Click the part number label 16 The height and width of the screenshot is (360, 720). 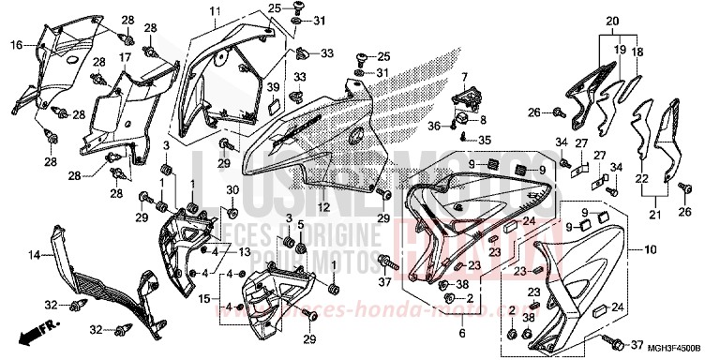(16, 44)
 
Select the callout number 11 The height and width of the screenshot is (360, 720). (214, 10)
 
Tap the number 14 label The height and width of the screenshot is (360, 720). (34, 255)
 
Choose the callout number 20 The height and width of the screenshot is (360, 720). (613, 21)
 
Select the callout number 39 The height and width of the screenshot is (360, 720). (275, 87)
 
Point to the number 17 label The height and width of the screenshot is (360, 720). (123, 57)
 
